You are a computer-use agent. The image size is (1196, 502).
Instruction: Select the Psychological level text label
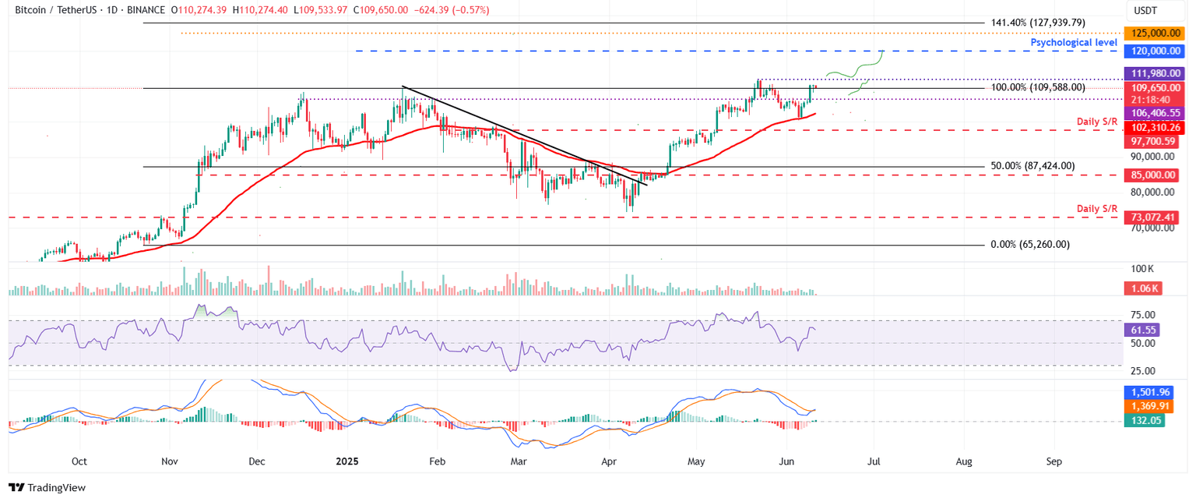coord(1074,43)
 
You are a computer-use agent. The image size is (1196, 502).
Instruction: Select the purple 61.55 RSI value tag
coord(1145,331)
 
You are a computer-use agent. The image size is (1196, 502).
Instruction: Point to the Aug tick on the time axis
coord(964,461)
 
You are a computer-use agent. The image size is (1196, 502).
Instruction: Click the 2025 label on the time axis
coord(346,461)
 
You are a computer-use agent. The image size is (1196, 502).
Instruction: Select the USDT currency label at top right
coord(1147,9)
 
